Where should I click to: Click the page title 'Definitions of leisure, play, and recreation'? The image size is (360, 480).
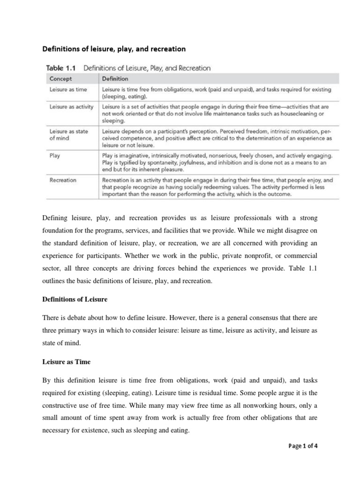coord(114,48)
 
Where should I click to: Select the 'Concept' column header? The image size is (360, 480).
coord(61,79)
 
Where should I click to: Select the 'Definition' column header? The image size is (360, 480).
coord(115,79)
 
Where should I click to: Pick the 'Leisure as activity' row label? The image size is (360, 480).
coord(71,107)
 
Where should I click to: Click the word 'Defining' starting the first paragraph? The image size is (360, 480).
coord(55,219)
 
